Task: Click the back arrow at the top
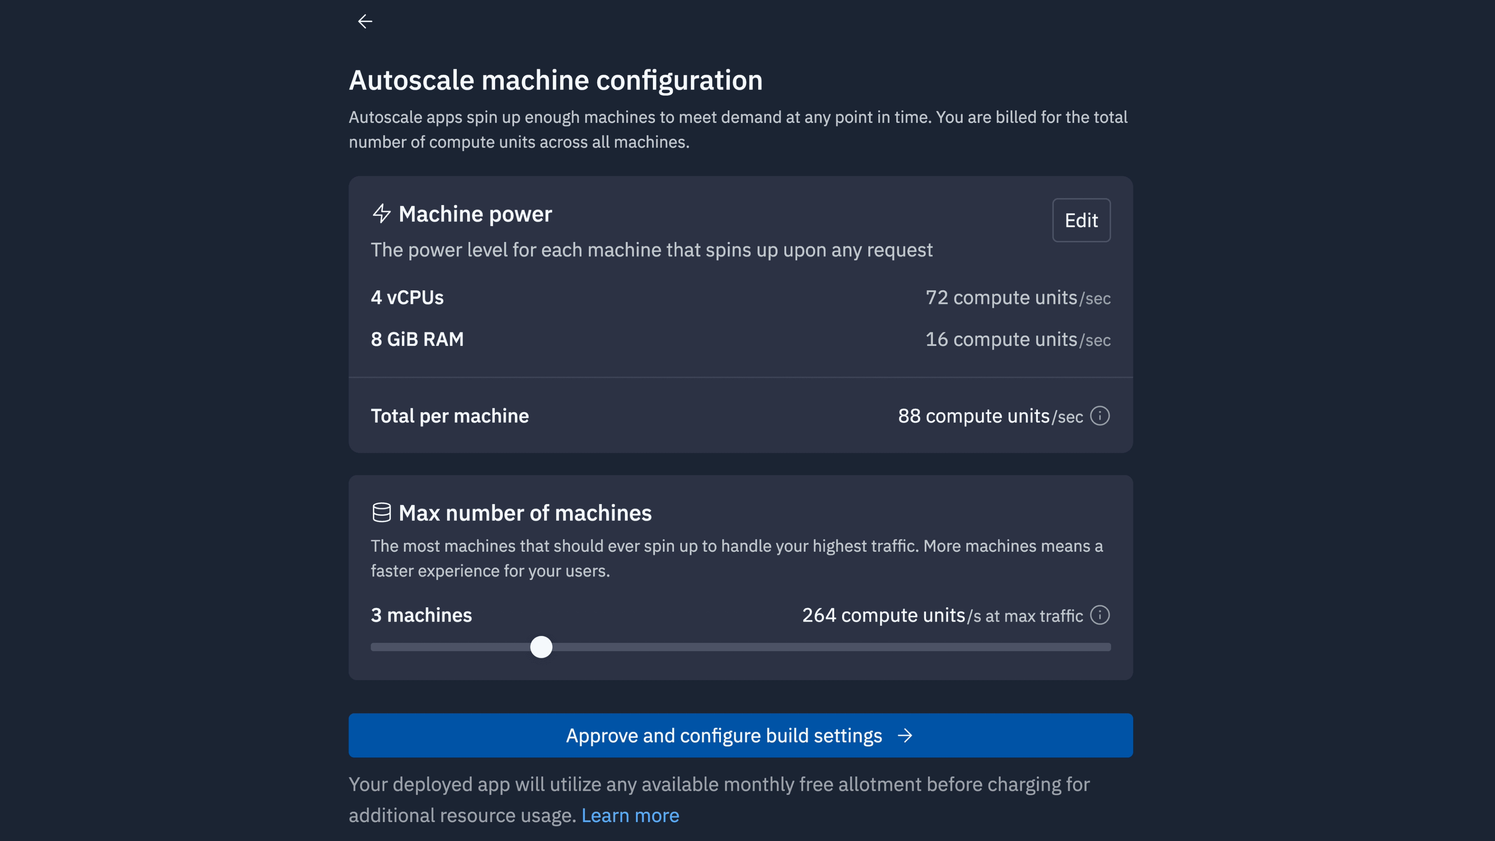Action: [365, 21]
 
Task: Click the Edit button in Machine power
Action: [1081, 220]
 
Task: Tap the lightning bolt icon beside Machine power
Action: [381, 214]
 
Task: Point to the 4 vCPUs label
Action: [407, 298]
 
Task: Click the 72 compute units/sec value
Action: [1018, 298]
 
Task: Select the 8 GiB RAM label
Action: [417, 340]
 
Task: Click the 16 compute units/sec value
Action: [1018, 340]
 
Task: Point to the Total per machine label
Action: [450, 416]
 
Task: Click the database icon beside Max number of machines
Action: [381, 512]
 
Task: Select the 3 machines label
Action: [421, 615]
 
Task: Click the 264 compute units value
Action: [883, 615]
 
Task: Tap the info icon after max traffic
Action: [1100, 615]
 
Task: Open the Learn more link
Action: [630, 815]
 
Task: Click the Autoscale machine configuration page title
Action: [556, 80]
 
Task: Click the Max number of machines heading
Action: [525, 513]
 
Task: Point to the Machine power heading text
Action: [475, 214]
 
